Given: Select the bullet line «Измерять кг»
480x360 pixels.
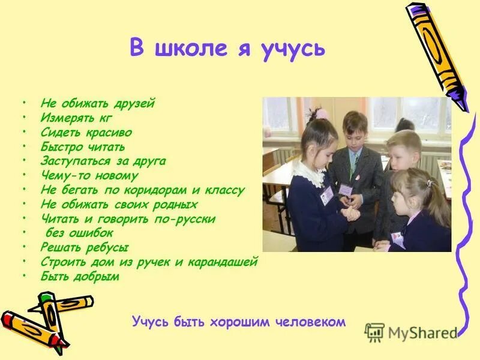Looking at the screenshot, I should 76,118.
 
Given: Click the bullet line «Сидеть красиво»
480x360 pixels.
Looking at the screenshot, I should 86,133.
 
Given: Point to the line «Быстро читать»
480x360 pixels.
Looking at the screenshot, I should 82,147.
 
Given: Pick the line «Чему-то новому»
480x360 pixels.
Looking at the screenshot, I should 89,176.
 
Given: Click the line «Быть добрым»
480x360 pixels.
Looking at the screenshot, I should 80,277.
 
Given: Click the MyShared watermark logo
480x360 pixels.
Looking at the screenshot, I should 412,332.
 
